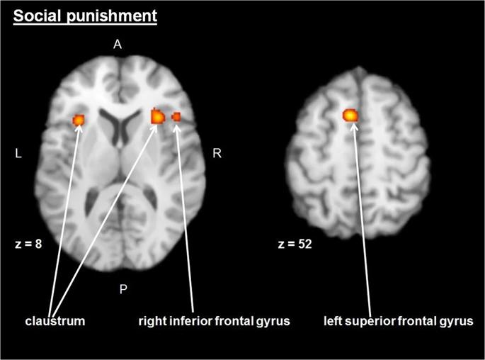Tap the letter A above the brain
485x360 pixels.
tap(118, 45)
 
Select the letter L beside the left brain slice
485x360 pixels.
tap(18, 153)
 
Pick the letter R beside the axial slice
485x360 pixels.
tap(217, 153)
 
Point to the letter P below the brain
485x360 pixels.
tap(123, 289)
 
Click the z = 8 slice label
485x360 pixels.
tap(28, 244)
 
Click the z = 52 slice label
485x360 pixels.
tap(295, 244)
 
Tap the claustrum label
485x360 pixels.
tap(55, 321)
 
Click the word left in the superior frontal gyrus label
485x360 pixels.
tap(333, 321)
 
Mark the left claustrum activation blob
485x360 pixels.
tap(79, 120)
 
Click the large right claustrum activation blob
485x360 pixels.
tap(158, 116)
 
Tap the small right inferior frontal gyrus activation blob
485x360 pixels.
tap(176, 117)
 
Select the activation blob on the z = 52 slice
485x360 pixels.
tap(350, 116)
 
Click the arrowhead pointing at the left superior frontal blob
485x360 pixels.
tap(354, 127)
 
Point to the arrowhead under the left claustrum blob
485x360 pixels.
tap(79, 128)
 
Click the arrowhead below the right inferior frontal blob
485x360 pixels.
tap(176, 128)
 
